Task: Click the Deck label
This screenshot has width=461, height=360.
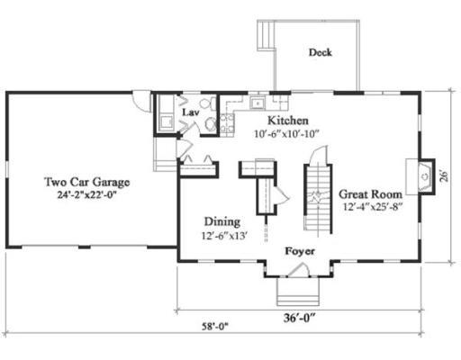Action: point(321,52)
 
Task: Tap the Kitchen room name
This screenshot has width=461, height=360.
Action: point(288,121)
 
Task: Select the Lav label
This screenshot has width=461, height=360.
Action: point(191,112)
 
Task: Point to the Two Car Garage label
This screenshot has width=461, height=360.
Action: point(87,182)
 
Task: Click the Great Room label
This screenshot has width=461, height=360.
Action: point(371,194)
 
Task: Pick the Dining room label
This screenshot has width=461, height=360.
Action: point(222,221)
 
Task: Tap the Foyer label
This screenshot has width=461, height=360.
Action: point(300,251)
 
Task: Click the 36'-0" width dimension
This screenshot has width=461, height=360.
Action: point(300,318)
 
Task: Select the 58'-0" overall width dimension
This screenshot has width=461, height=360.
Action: point(215,326)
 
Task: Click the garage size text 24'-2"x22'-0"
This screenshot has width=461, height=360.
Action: point(86,195)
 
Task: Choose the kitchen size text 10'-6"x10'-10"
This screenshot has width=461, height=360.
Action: point(286,134)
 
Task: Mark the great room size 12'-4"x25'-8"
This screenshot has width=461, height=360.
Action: point(373,207)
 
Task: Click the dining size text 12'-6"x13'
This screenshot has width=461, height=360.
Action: point(224,236)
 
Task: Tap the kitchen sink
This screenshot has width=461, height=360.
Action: point(258,103)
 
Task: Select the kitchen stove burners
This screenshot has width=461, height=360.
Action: point(227,123)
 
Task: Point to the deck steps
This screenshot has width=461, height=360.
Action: point(266,34)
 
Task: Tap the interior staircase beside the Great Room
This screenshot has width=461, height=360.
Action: point(319,198)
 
